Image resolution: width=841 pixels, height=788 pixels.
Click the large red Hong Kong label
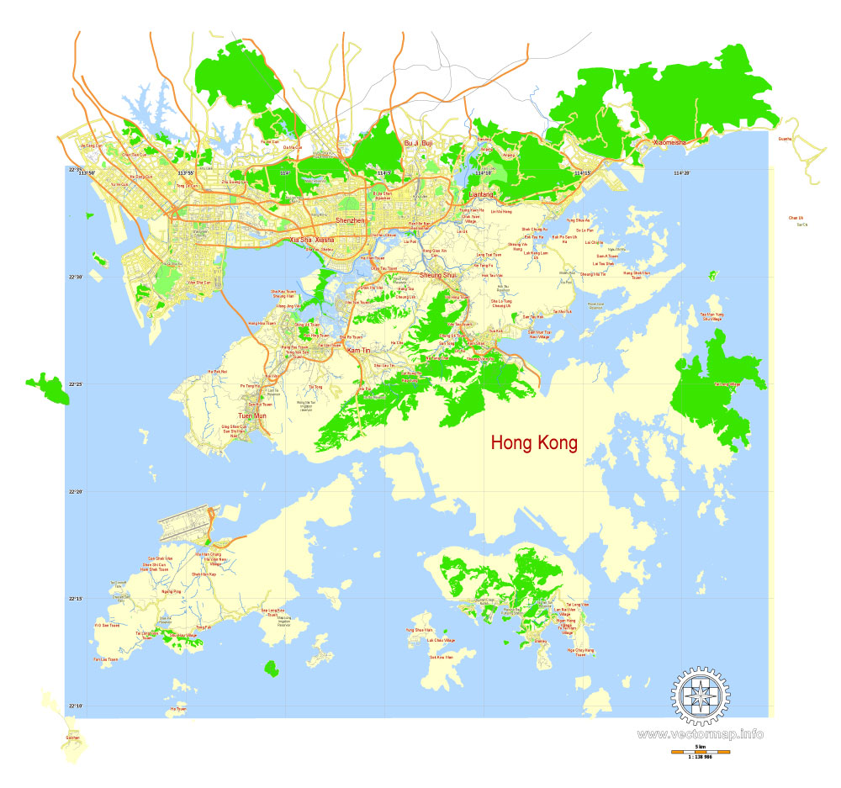[534, 443]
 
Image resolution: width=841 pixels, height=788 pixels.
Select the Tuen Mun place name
[251, 416]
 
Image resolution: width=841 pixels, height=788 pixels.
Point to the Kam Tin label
[358, 349]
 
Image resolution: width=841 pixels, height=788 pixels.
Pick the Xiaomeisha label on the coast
[670, 143]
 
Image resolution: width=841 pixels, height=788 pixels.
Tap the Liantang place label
[482, 194]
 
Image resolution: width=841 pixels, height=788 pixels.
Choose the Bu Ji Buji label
[418, 144]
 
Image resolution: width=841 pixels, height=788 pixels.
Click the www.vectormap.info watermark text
[701, 734]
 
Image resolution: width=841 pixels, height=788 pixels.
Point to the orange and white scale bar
[700, 751]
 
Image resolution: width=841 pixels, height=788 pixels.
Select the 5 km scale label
[700, 745]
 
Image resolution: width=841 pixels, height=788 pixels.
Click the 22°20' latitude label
[75, 492]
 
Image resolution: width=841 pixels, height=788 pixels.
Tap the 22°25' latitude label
[75, 384]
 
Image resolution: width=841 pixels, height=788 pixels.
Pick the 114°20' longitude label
[681, 173]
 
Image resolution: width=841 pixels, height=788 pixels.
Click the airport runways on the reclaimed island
[184, 524]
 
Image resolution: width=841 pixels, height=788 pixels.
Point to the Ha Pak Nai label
[218, 371]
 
